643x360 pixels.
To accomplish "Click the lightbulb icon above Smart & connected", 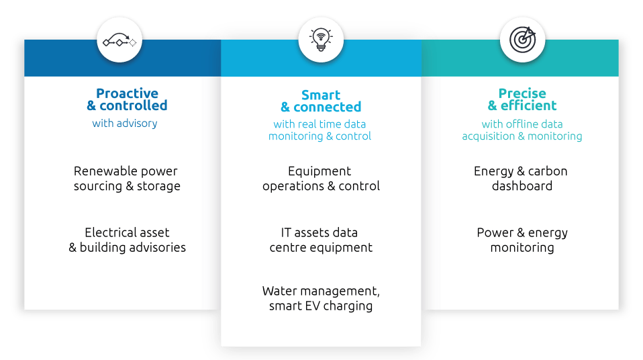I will [321, 39].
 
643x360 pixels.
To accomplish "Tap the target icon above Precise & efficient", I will [522, 39].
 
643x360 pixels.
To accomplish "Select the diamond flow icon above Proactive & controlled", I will [119, 42].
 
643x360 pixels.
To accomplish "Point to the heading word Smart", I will [321, 95].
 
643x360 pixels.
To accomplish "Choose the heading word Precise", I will [522, 93].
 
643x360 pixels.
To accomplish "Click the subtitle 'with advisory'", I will [125, 123].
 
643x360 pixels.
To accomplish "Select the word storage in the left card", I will [158, 186].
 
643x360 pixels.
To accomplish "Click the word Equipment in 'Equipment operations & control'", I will [319, 171].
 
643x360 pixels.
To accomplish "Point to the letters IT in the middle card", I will [288, 232].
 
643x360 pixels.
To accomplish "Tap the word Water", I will [279, 291].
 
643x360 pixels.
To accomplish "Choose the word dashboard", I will [522, 186].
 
